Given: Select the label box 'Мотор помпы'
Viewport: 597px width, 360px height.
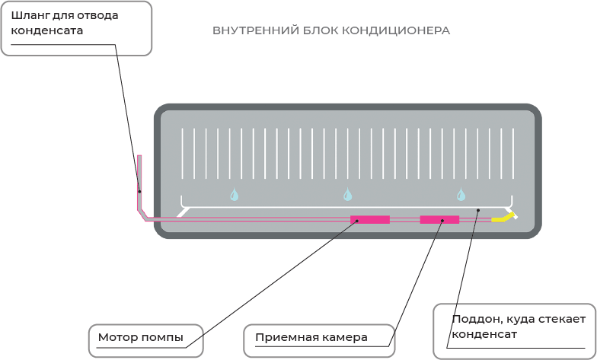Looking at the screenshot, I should (x=146, y=341).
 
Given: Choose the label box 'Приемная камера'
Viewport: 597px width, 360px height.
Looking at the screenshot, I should (x=318, y=341).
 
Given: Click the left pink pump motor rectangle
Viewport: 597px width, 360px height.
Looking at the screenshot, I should (x=370, y=219).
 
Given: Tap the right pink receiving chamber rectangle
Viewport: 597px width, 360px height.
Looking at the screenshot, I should (x=439, y=219).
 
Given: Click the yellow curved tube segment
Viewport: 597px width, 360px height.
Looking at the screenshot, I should (x=503, y=218).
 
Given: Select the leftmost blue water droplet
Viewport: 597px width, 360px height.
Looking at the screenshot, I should (x=235, y=195).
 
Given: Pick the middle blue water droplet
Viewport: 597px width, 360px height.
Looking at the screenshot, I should (x=348, y=195).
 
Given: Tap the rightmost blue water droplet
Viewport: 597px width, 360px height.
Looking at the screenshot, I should (x=461, y=195).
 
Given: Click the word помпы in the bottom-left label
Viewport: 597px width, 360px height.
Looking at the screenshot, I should (x=164, y=337).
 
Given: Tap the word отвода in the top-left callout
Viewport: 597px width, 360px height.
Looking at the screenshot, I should (x=100, y=15).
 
